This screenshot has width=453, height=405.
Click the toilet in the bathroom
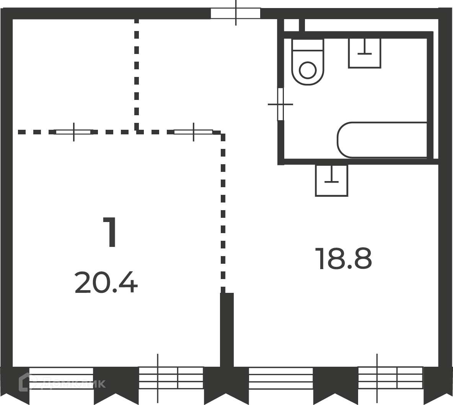pos(308,62)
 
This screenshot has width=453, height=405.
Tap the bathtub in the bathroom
pos(382,140)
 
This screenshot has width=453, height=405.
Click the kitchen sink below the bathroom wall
pos(331,181)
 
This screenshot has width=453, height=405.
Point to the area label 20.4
pos(106,283)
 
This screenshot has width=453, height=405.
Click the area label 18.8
pos(343,259)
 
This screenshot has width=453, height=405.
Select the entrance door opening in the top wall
pos(235,13)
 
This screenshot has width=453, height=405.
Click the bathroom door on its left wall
pos(280,104)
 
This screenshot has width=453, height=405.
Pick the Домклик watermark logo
pos(62,382)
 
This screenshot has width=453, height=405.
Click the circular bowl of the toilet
pos(308,70)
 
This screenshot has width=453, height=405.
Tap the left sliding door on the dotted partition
pos(74,132)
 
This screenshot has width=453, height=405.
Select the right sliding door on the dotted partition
pos(193,132)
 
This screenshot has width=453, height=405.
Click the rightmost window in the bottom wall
pos(390,378)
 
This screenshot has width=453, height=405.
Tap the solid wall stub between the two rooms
pos(227,330)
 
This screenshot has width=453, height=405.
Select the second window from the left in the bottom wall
pos(171,378)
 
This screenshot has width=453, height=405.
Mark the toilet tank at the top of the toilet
pos(308,45)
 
